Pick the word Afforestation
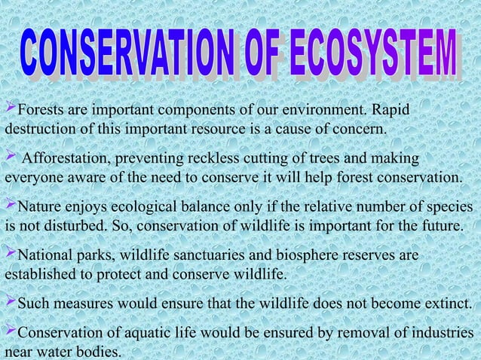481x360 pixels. point(63,159)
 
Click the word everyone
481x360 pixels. point(30,178)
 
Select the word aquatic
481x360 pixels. point(140,333)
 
